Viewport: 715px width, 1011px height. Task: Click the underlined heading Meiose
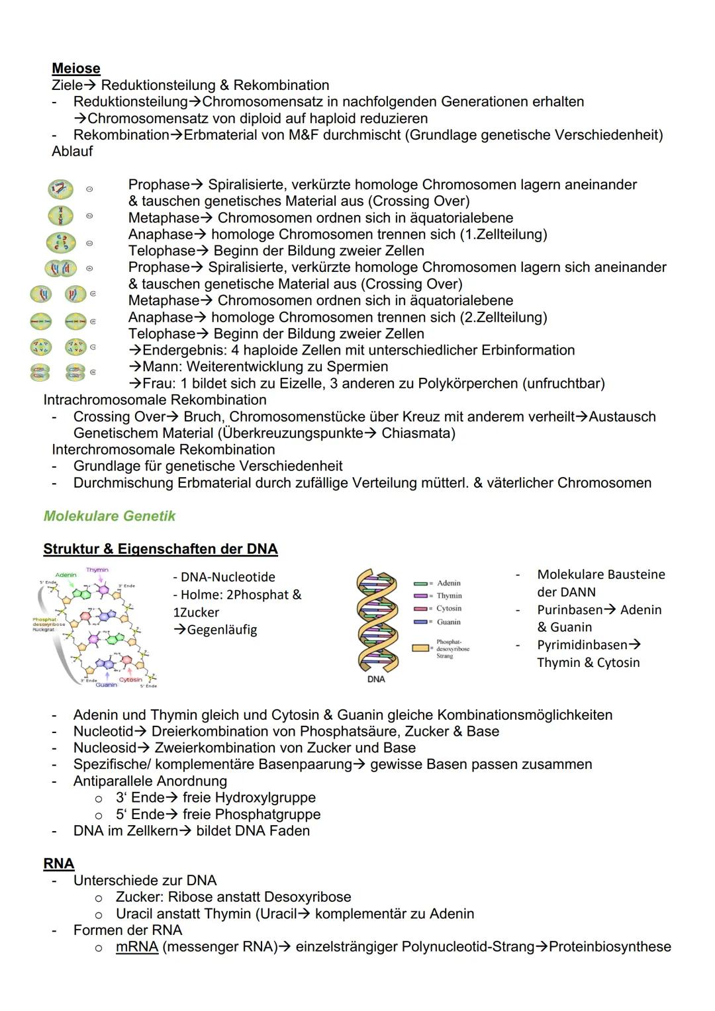tap(76, 68)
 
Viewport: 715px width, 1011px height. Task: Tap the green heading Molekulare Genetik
tap(109, 516)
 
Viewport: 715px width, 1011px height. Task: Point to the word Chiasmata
tap(418, 433)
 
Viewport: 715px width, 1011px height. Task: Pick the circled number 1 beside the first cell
tap(89, 189)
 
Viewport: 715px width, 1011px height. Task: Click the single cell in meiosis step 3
tap(61, 243)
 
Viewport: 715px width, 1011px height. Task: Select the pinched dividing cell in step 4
tap(61, 269)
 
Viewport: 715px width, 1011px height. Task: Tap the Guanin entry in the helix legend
tap(448, 622)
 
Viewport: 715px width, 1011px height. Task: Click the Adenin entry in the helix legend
tap(448, 583)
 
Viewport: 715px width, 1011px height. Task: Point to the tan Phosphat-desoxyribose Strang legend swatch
tap(421, 648)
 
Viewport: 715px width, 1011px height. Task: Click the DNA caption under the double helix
tap(375, 679)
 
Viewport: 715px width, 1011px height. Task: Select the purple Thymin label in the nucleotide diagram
tap(97, 570)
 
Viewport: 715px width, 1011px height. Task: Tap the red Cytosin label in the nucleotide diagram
tap(130, 680)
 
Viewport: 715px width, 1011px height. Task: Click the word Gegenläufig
tap(222, 630)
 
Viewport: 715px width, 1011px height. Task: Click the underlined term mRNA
tap(136, 947)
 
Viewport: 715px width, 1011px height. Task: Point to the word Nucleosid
tap(103, 748)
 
